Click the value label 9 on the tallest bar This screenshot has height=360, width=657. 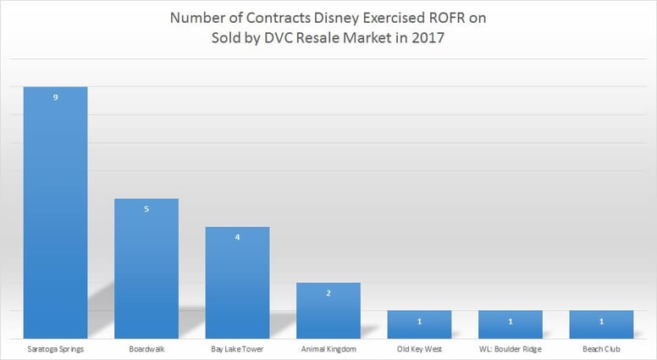(x=55, y=98)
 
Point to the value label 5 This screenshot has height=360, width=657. (x=146, y=209)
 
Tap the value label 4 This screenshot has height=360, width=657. (x=237, y=237)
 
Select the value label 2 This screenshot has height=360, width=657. (x=328, y=293)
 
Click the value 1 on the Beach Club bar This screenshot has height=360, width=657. (x=600, y=321)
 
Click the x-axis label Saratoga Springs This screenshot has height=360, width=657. (x=55, y=348)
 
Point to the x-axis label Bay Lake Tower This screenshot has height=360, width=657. (x=237, y=348)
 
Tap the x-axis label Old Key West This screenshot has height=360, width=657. (x=419, y=348)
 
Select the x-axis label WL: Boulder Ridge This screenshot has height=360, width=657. (x=510, y=348)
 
